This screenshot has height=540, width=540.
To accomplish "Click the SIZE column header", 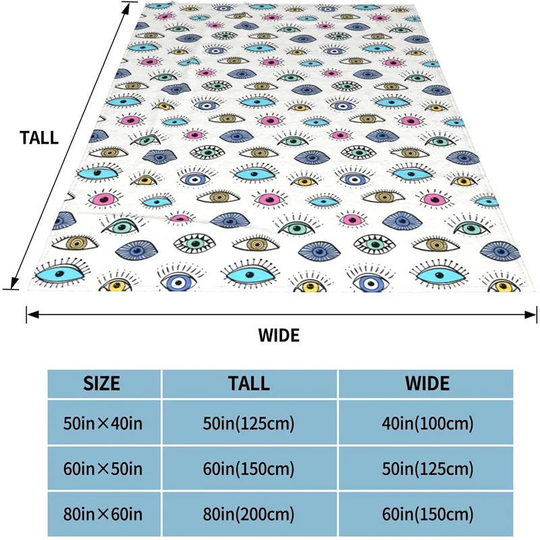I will click(102, 383).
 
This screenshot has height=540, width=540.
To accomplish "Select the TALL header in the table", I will click(249, 383).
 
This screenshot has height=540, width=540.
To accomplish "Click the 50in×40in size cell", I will click(102, 424).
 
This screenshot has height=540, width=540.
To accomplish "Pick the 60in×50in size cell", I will click(102, 468).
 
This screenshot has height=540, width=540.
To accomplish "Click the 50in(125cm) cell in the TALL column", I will click(249, 424).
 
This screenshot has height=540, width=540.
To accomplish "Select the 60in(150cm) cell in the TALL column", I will click(249, 468).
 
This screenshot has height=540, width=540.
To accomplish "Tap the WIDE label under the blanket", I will click(279, 335).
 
